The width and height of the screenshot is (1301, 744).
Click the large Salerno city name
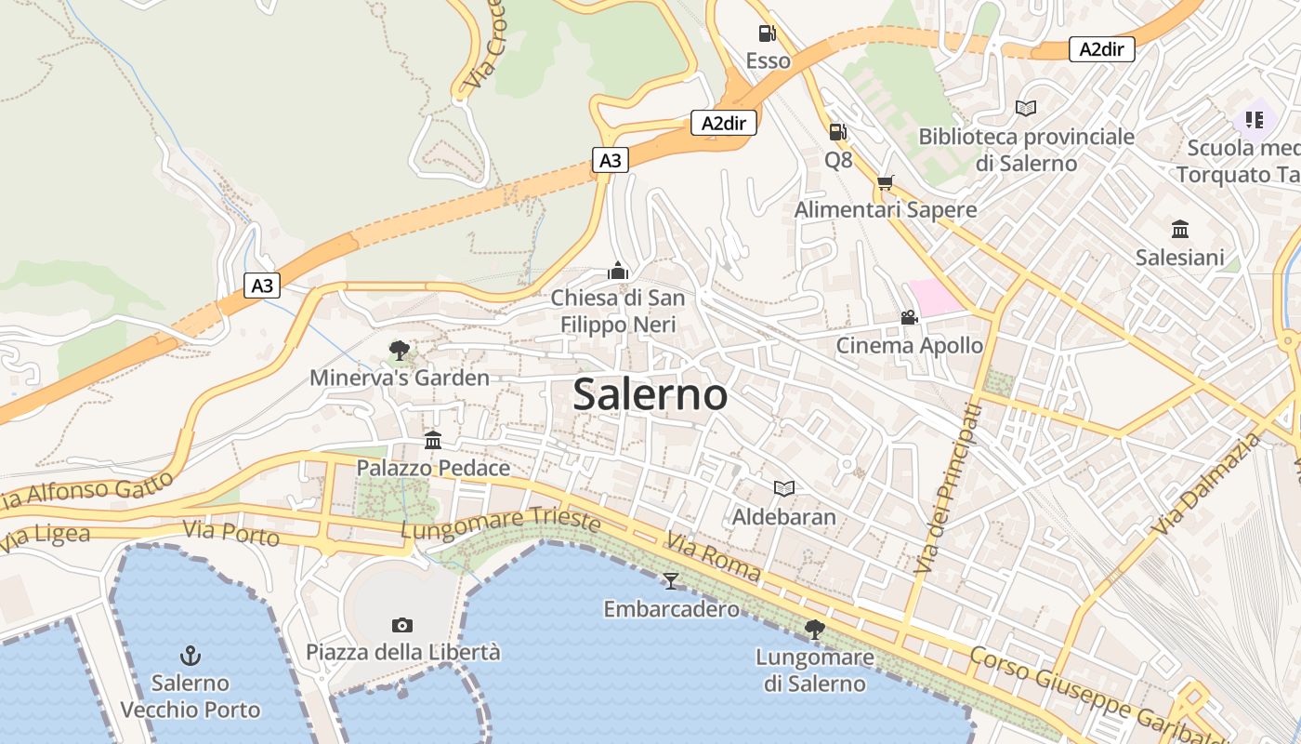click(x=650, y=394)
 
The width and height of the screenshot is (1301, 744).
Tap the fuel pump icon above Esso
click(x=767, y=33)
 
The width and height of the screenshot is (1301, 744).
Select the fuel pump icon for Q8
click(x=837, y=132)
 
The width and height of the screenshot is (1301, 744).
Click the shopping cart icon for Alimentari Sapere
click(x=885, y=182)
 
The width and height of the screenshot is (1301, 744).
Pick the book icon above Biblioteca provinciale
click(x=1026, y=109)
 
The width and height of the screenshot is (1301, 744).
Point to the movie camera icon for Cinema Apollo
click(x=909, y=318)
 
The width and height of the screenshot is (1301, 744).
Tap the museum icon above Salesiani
click(x=1180, y=229)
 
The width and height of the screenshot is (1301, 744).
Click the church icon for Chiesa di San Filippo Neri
click(x=618, y=271)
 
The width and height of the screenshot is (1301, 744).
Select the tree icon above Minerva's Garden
click(x=400, y=351)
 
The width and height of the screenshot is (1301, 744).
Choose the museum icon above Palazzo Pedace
click(x=433, y=440)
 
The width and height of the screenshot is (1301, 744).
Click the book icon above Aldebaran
click(x=784, y=488)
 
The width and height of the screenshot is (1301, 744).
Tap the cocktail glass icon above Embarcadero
click(x=671, y=581)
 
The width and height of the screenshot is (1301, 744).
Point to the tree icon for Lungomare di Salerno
click(x=815, y=630)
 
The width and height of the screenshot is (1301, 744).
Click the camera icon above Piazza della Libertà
click(x=402, y=625)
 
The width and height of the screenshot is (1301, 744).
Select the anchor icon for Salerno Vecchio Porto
click(x=191, y=656)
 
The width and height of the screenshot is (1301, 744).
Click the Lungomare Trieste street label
click(x=500, y=523)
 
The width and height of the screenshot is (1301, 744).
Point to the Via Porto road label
click(x=231, y=533)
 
